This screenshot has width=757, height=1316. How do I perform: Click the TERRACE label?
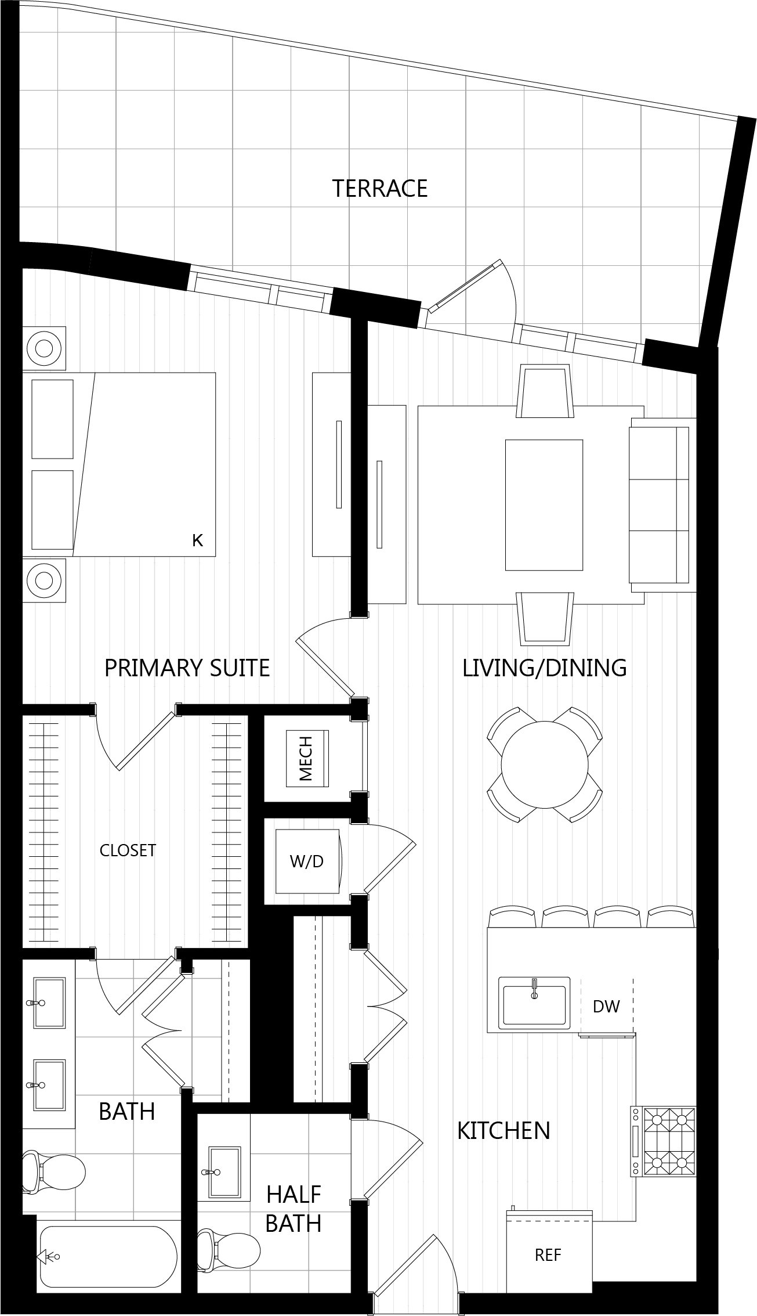click(x=379, y=189)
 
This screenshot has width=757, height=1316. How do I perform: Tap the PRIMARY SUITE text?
click(x=187, y=668)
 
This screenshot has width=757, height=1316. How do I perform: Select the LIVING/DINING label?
click(x=544, y=668)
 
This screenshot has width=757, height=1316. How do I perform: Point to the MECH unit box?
click(x=307, y=758)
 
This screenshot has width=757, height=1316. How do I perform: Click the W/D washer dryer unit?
click(x=307, y=861)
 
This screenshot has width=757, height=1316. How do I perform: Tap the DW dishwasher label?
click(x=606, y=1006)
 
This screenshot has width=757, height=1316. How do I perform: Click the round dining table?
click(x=545, y=764)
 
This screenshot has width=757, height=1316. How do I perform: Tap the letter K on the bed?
click(x=197, y=540)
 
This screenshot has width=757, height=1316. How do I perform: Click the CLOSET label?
click(x=128, y=850)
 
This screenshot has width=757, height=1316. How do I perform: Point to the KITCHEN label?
click(x=504, y=1131)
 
